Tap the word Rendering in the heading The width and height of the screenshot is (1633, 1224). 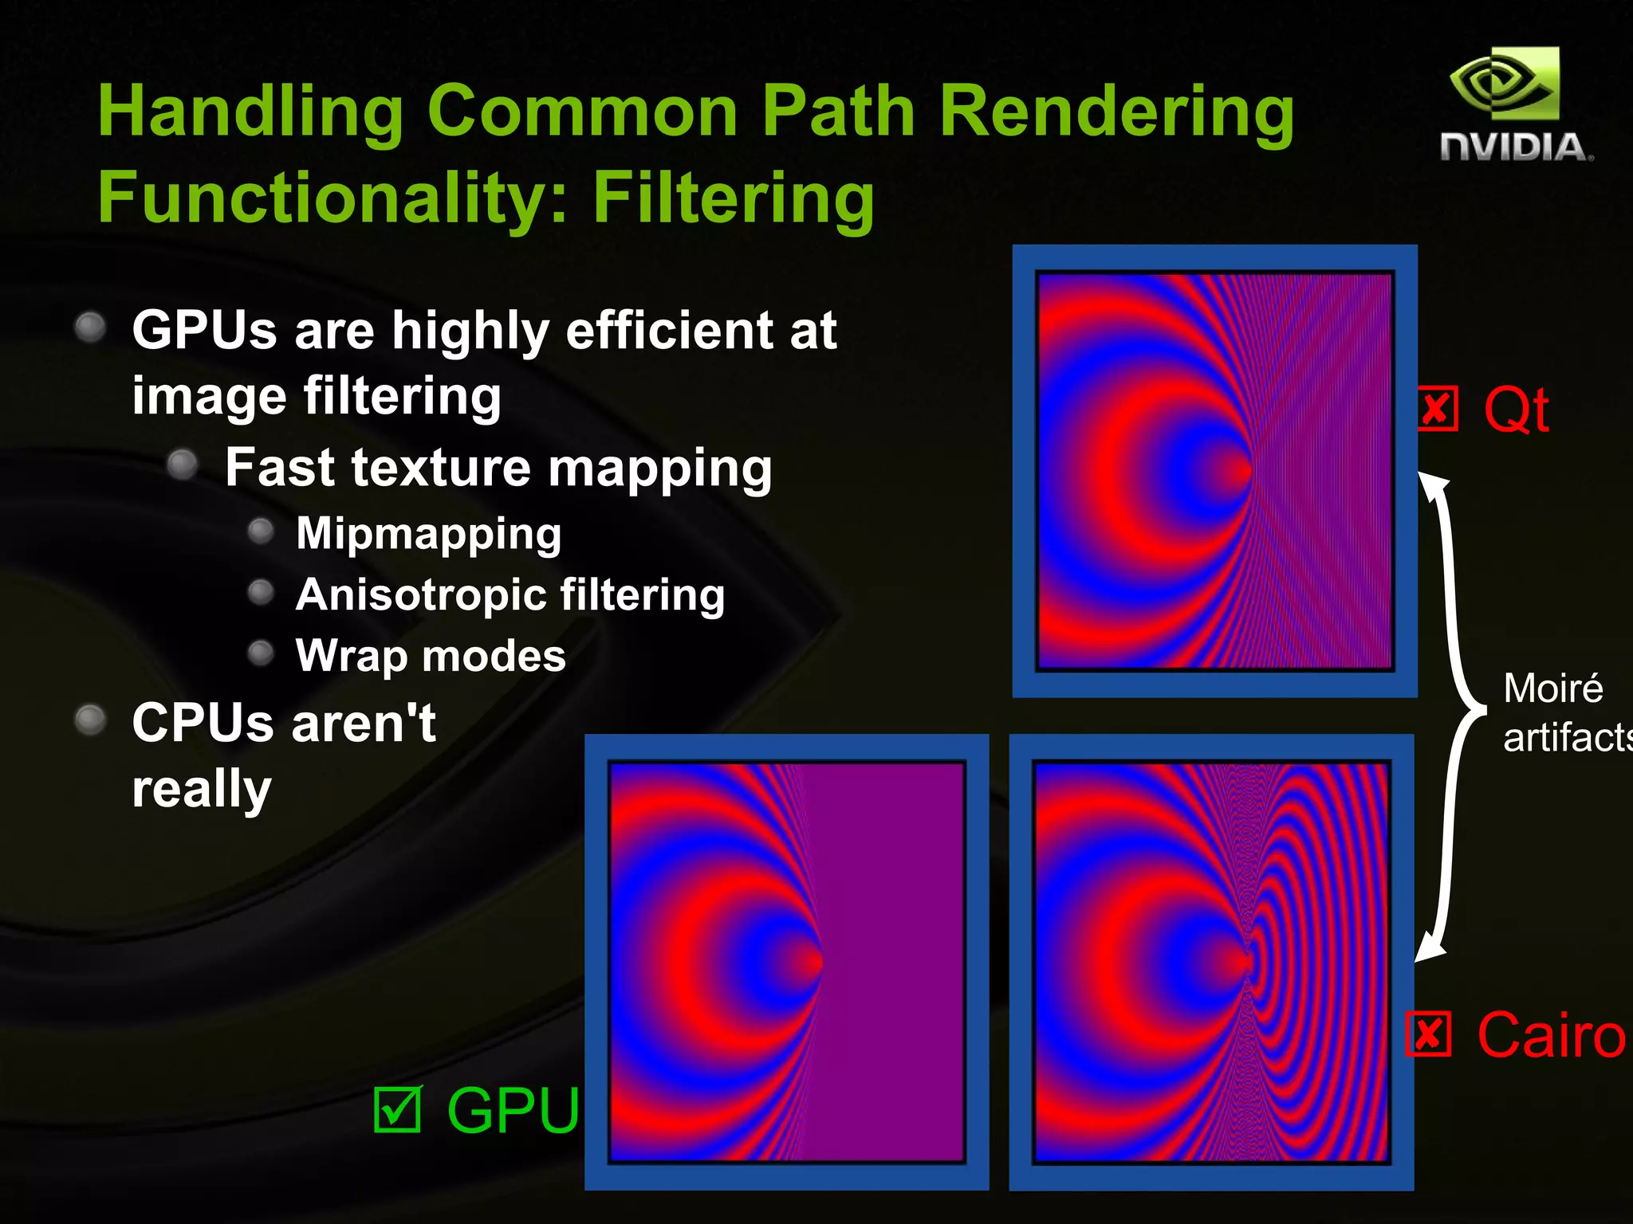[1116, 112]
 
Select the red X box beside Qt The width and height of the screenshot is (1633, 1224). [1438, 410]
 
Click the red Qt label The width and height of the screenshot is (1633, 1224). [1517, 410]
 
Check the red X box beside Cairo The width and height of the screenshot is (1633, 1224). [1428, 1034]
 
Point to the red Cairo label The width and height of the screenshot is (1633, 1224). [1550, 1034]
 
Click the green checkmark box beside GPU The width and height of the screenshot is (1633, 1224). [397, 1109]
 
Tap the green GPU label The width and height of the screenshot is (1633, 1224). [513, 1109]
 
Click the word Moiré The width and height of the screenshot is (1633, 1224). [1552, 688]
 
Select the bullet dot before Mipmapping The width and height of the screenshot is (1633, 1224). [261, 532]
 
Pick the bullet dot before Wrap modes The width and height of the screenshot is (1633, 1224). [261, 653]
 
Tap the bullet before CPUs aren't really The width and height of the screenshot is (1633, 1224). [90, 720]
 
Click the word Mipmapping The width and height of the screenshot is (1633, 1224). [428, 533]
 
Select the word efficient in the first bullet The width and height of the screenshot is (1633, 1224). [668, 330]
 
